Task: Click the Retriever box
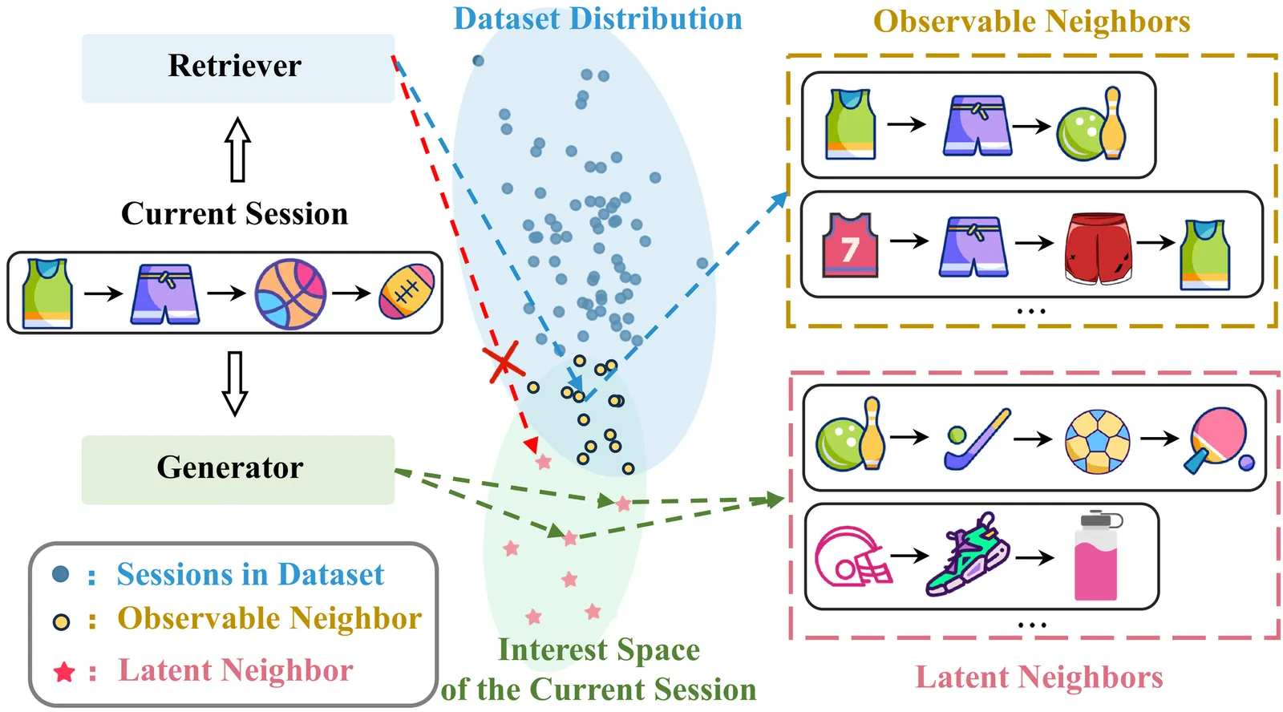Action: (x=237, y=67)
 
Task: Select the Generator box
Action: (x=237, y=469)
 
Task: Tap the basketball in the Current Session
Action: (x=290, y=293)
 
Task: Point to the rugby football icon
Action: (x=407, y=293)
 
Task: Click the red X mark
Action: (x=504, y=362)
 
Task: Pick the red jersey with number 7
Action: (x=850, y=245)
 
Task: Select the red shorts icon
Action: (x=1098, y=248)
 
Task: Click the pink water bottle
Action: (x=1096, y=556)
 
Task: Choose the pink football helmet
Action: (x=852, y=556)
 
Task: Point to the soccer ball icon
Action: (x=1097, y=442)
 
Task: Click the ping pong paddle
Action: (x=1217, y=439)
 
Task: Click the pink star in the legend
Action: (x=64, y=672)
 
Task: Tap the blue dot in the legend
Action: (x=60, y=574)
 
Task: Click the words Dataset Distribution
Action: (x=597, y=19)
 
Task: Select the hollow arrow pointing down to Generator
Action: (x=234, y=382)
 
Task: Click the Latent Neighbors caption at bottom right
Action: (x=1038, y=678)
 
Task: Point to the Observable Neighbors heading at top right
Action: (x=1031, y=22)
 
